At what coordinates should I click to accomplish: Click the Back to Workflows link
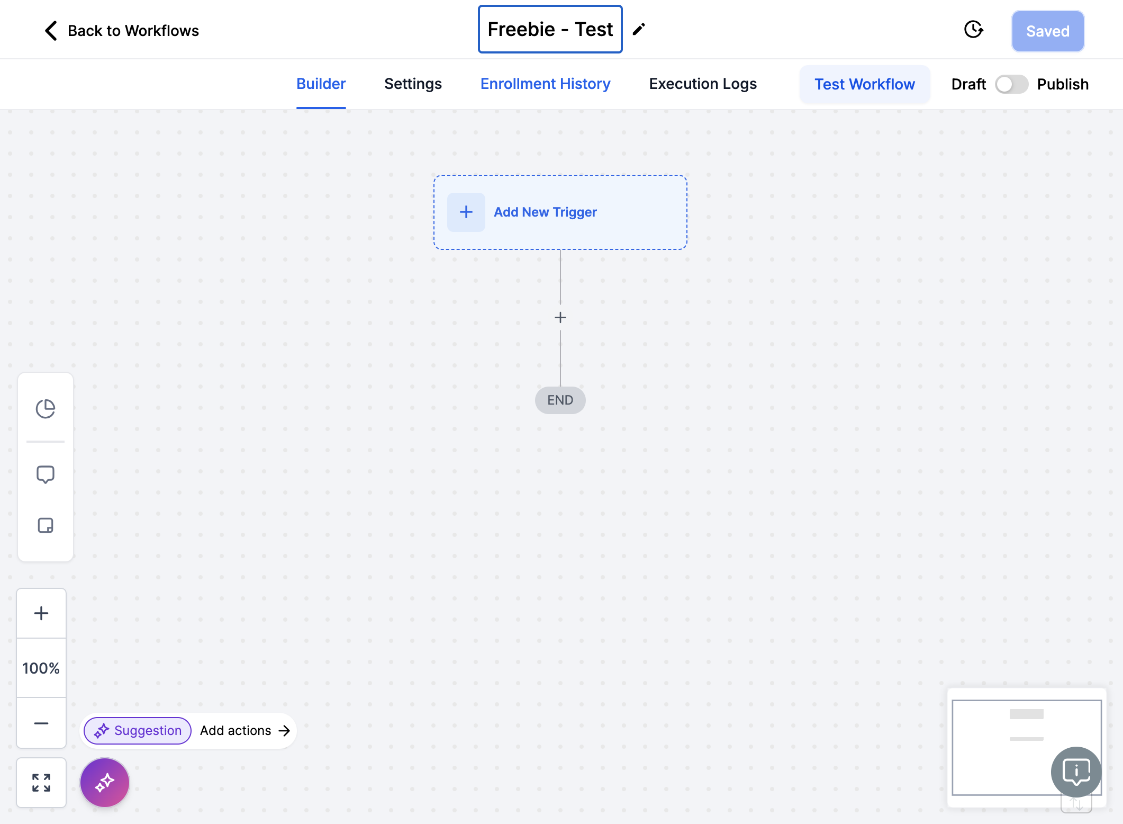click(122, 31)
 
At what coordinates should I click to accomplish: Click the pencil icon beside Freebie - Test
click(639, 29)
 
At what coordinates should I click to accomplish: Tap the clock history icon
click(973, 30)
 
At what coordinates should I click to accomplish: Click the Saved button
click(1048, 31)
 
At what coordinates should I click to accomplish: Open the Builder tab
click(321, 84)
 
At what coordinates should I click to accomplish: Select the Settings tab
click(413, 84)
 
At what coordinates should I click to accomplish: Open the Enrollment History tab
click(545, 84)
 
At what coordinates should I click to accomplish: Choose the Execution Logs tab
click(703, 84)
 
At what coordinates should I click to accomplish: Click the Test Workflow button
click(865, 84)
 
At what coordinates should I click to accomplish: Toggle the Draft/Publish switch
click(1011, 84)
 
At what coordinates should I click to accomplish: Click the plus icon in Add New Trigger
click(466, 212)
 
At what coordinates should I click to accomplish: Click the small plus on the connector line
click(560, 317)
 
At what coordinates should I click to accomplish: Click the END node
click(560, 400)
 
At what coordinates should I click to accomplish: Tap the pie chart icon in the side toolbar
click(46, 409)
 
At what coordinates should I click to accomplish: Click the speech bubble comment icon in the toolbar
click(46, 474)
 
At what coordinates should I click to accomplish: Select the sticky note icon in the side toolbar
click(46, 525)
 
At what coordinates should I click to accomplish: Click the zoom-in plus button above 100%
click(41, 613)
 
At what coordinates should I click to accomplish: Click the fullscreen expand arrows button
click(41, 783)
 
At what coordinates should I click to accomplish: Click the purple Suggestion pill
click(138, 731)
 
